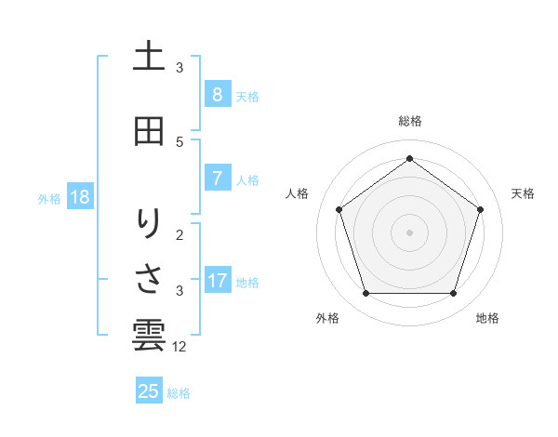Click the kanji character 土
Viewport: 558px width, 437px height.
149,57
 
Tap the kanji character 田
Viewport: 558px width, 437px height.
149,130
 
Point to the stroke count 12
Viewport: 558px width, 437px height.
180,347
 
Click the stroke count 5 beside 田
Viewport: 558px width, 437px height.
179,141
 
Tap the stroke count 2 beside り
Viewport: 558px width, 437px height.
179,234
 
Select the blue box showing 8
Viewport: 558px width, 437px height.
217,95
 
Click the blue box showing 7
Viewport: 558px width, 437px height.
217,179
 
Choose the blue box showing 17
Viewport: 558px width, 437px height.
218,281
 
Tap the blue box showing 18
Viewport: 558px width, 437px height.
78,197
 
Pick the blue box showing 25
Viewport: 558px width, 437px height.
149,391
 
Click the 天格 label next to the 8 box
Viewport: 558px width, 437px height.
247,97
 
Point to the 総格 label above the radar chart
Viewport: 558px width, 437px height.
410,121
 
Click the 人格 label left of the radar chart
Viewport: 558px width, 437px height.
298,193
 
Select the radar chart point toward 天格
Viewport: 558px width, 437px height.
480,209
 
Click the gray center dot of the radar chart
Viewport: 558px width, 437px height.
410,232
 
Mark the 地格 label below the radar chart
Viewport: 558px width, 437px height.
487,318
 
